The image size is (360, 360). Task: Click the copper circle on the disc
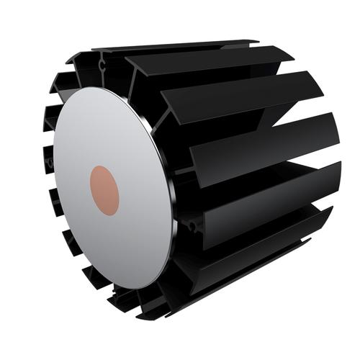(104, 189)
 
